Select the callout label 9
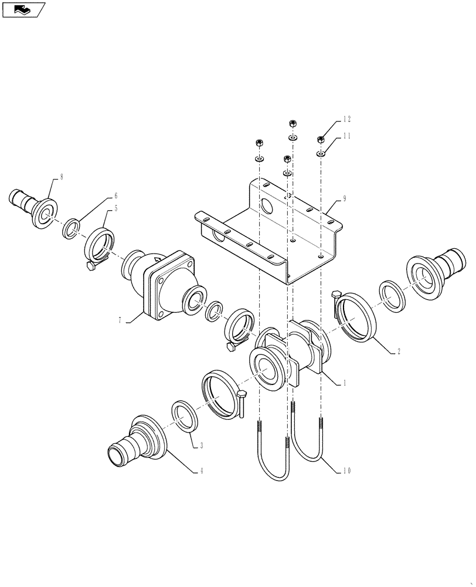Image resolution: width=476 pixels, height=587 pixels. pyautogui.click(x=345, y=199)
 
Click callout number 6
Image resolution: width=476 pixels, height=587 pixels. pyautogui.click(x=115, y=195)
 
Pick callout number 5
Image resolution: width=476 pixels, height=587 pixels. pyautogui.click(x=115, y=207)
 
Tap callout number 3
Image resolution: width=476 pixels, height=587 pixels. pyautogui.click(x=201, y=446)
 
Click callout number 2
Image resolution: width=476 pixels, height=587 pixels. pyautogui.click(x=398, y=352)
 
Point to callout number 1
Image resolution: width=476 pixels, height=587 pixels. pyautogui.click(x=345, y=383)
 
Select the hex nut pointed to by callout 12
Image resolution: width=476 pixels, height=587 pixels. pyautogui.click(x=321, y=139)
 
